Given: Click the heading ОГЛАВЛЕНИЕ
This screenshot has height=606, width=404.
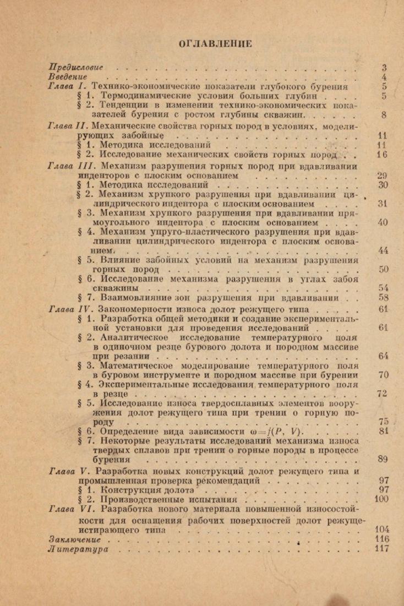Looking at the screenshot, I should tap(215, 43).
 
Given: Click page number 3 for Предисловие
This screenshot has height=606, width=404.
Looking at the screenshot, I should tap(384, 68).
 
